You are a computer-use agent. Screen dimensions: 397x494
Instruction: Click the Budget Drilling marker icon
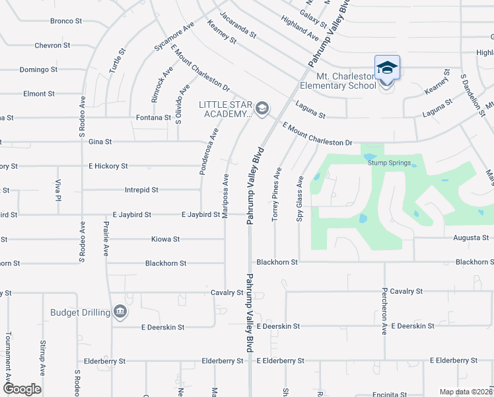pyautogui.click(x=120, y=312)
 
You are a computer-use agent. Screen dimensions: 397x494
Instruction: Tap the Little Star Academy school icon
pyautogui.click(x=262, y=108)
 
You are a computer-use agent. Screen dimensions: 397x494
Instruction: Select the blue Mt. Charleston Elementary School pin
pyautogui.click(x=387, y=69)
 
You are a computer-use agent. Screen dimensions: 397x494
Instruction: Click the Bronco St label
pyautogui.click(x=66, y=21)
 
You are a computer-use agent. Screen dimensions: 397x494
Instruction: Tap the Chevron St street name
pyautogui.click(x=52, y=46)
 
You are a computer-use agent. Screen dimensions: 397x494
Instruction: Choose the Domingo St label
pyautogui.click(x=38, y=69)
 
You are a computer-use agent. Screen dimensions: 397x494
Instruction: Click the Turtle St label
pyautogui.click(x=122, y=61)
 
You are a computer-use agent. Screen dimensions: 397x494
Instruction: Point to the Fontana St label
pyautogui.click(x=155, y=118)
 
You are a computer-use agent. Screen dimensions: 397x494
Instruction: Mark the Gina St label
pyautogui.click(x=100, y=142)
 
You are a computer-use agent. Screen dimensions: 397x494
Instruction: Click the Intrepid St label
pyautogui.click(x=141, y=190)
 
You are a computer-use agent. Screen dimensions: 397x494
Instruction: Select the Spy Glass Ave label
pyautogui.click(x=300, y=198)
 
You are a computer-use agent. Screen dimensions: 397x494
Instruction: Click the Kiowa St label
pyautogui.click(x=166, y=239)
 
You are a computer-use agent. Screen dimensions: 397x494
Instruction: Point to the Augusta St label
pyautogui.click(x=471, y=238)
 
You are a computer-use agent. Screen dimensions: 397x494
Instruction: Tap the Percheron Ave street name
pyautogui.click(x=384, y=311)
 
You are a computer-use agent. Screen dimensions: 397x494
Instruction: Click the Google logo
pyautogui.click(x=22, y=389)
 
